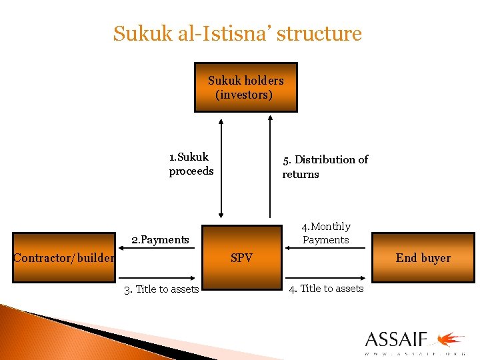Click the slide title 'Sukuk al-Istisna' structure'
[237, 33]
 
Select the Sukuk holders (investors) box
[245, 87]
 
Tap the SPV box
[241, 257]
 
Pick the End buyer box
[423, 257]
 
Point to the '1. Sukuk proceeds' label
[191, 164]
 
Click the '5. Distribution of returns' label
[325, 167]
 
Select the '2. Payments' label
[160, 239]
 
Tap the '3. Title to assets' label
[161, 289]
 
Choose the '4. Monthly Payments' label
[326, 233]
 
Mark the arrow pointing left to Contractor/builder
[157, 248]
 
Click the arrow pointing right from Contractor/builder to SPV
[157, 277]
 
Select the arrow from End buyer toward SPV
[326, 248]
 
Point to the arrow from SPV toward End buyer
[326, 277]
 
